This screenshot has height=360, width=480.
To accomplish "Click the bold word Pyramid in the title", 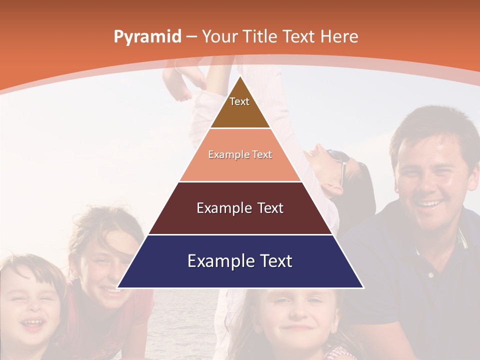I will pos(147,37).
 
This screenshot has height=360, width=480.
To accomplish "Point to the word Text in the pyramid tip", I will pos(239,101).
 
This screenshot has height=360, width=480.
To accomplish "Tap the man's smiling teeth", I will pos(429,204).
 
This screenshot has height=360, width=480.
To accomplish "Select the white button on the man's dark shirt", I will pos(430,274).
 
